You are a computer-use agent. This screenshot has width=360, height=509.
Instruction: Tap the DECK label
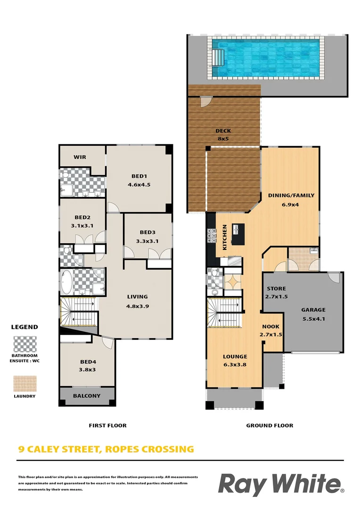223,131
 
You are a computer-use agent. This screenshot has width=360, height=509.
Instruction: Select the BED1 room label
139,177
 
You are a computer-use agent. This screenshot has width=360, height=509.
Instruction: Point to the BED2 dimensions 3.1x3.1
82,226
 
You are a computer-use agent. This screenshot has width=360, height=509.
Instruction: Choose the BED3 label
147,232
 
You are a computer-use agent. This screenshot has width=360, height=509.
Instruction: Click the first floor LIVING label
137,297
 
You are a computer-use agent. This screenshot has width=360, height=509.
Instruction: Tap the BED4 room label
88,362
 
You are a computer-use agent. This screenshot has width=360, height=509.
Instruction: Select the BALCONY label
86,396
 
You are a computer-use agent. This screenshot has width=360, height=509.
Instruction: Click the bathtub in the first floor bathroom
66,282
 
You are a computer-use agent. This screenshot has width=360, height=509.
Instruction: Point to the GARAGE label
313,310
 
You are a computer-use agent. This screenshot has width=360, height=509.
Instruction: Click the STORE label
276,288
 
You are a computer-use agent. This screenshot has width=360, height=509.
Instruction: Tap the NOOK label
270,327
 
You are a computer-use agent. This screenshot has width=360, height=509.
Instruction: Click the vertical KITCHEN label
225,237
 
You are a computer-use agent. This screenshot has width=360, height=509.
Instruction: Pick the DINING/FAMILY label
291,195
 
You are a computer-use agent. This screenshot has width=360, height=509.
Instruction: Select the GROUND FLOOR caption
270,426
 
